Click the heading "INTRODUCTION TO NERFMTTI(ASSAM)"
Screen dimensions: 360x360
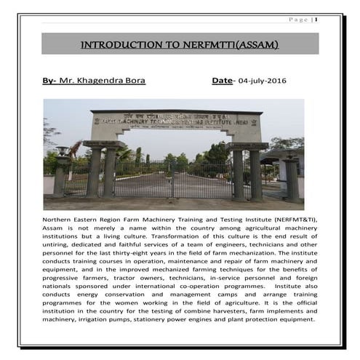tap(180, 45)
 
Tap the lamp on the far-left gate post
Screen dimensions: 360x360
tap(63, 151)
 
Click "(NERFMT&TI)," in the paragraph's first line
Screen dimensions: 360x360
tap(291, 218)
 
